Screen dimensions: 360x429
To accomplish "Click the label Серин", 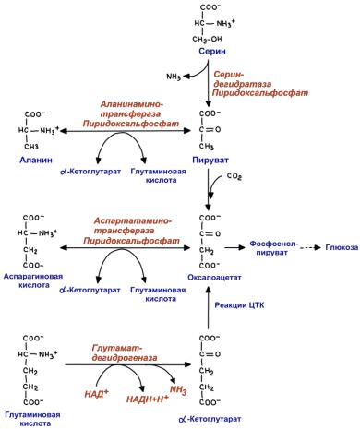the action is point(212,51).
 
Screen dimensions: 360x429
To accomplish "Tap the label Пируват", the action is point(210,160).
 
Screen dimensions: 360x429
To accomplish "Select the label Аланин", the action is point(36,160).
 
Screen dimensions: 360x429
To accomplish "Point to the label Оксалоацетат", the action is point(214,278).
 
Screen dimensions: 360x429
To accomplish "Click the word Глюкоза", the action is point(342,247).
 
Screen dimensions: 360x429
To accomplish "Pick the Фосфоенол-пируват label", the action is point(272,248).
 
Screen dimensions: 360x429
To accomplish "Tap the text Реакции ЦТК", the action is point(239,305).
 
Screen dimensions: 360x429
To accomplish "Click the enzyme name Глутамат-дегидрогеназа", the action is point(125,353).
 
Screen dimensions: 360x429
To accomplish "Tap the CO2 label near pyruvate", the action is point(234,176).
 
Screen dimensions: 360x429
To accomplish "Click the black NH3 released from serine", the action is point(174,77).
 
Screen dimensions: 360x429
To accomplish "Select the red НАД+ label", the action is point(97,393).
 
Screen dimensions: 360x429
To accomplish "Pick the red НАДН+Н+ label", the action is point(148,399).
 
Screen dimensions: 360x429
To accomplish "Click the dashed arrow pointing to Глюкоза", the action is point(311,247).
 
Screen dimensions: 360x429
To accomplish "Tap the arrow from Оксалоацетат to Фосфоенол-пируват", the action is point(234,247).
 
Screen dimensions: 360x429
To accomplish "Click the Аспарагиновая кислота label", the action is point(33,280).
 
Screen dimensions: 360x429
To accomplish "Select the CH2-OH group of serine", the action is point(207,39).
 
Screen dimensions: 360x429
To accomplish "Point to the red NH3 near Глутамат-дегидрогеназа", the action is point(178,390).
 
